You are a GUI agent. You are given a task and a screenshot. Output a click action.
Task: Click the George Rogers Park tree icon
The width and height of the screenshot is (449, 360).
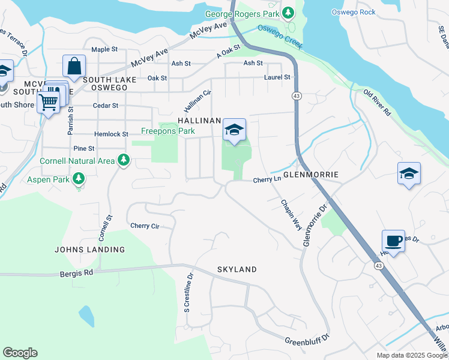pos(289,12)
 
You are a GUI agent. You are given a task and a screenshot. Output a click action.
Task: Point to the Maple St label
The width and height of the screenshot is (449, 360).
pos(103,49)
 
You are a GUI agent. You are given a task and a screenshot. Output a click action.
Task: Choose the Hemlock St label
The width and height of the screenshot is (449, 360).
pos(111,134)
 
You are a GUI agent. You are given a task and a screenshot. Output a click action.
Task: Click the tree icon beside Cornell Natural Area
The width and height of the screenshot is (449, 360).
pos(123,160)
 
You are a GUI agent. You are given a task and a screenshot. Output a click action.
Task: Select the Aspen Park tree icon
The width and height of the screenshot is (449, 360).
pos(78,179)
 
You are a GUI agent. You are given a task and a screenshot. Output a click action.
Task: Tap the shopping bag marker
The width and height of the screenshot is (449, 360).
pos(74,66)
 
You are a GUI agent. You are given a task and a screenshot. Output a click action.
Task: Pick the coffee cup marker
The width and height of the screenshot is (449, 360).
pos(393,241)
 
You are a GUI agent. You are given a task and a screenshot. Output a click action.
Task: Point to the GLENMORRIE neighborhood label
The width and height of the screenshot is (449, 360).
pos(310,175)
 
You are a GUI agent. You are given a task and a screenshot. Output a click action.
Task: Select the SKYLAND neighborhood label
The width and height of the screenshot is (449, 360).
pos(237,269)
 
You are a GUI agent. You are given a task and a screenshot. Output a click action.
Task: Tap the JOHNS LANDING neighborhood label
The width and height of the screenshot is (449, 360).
pos(89,249)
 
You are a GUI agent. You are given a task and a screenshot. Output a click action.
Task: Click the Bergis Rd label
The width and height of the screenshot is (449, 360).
pos(77,272)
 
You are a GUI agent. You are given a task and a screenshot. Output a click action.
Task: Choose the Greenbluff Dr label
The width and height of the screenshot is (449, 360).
pos(307,339)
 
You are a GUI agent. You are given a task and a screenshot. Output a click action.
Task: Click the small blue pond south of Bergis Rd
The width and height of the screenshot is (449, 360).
pos(86,316)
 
